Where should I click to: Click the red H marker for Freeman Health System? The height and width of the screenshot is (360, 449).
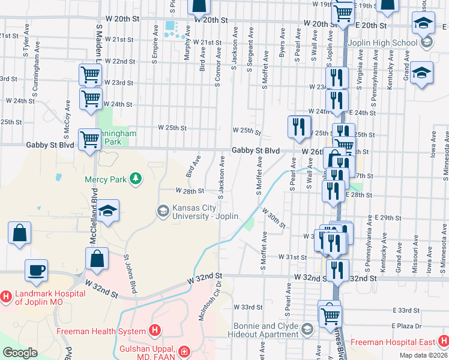tap(155, 331)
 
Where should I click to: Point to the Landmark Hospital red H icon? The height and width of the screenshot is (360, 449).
tap(6, 296)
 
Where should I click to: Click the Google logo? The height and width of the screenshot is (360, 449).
tap(20, 352)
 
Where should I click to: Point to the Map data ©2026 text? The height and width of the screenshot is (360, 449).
tap(423, 355)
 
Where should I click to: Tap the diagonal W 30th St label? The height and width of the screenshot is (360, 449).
tap(273, 218)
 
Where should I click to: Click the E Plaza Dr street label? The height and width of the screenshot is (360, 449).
tap(406, 325)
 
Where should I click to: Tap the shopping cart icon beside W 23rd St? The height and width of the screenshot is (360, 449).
tap(90, 75)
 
